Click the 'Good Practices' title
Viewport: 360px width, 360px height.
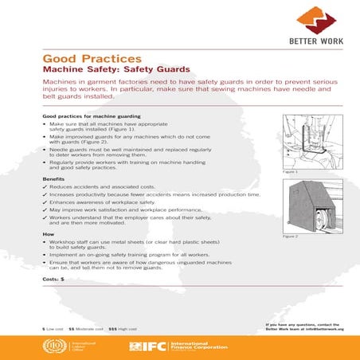click(92, 58)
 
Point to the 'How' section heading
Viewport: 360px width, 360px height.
click(48, 233)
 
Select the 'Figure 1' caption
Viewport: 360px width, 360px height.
click(291, 172)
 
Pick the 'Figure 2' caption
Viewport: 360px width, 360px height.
click(291, 237)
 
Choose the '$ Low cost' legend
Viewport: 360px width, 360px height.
click(54, 328)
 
